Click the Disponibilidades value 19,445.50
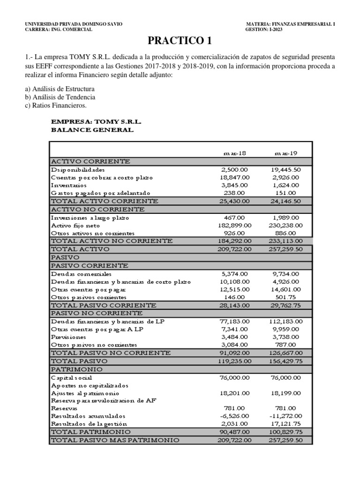pos(286,169)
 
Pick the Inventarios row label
pos(69,185)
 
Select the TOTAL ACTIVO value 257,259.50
pos(286,249)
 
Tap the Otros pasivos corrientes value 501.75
pos(286,297)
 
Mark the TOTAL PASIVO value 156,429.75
pos(286,361)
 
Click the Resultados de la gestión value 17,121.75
pos(286,424)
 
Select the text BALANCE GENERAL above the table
pos(92,130)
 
